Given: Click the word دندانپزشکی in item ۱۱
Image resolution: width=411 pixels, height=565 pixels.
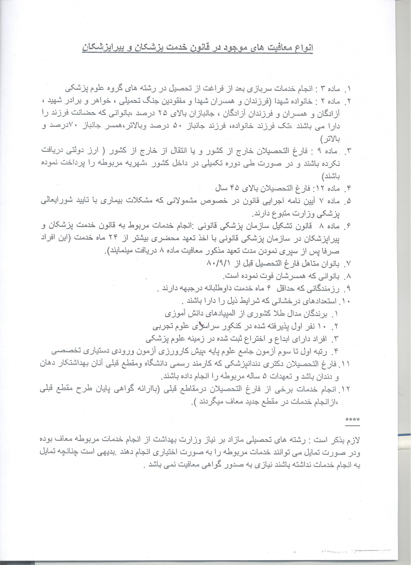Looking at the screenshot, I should coord(239,364).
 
